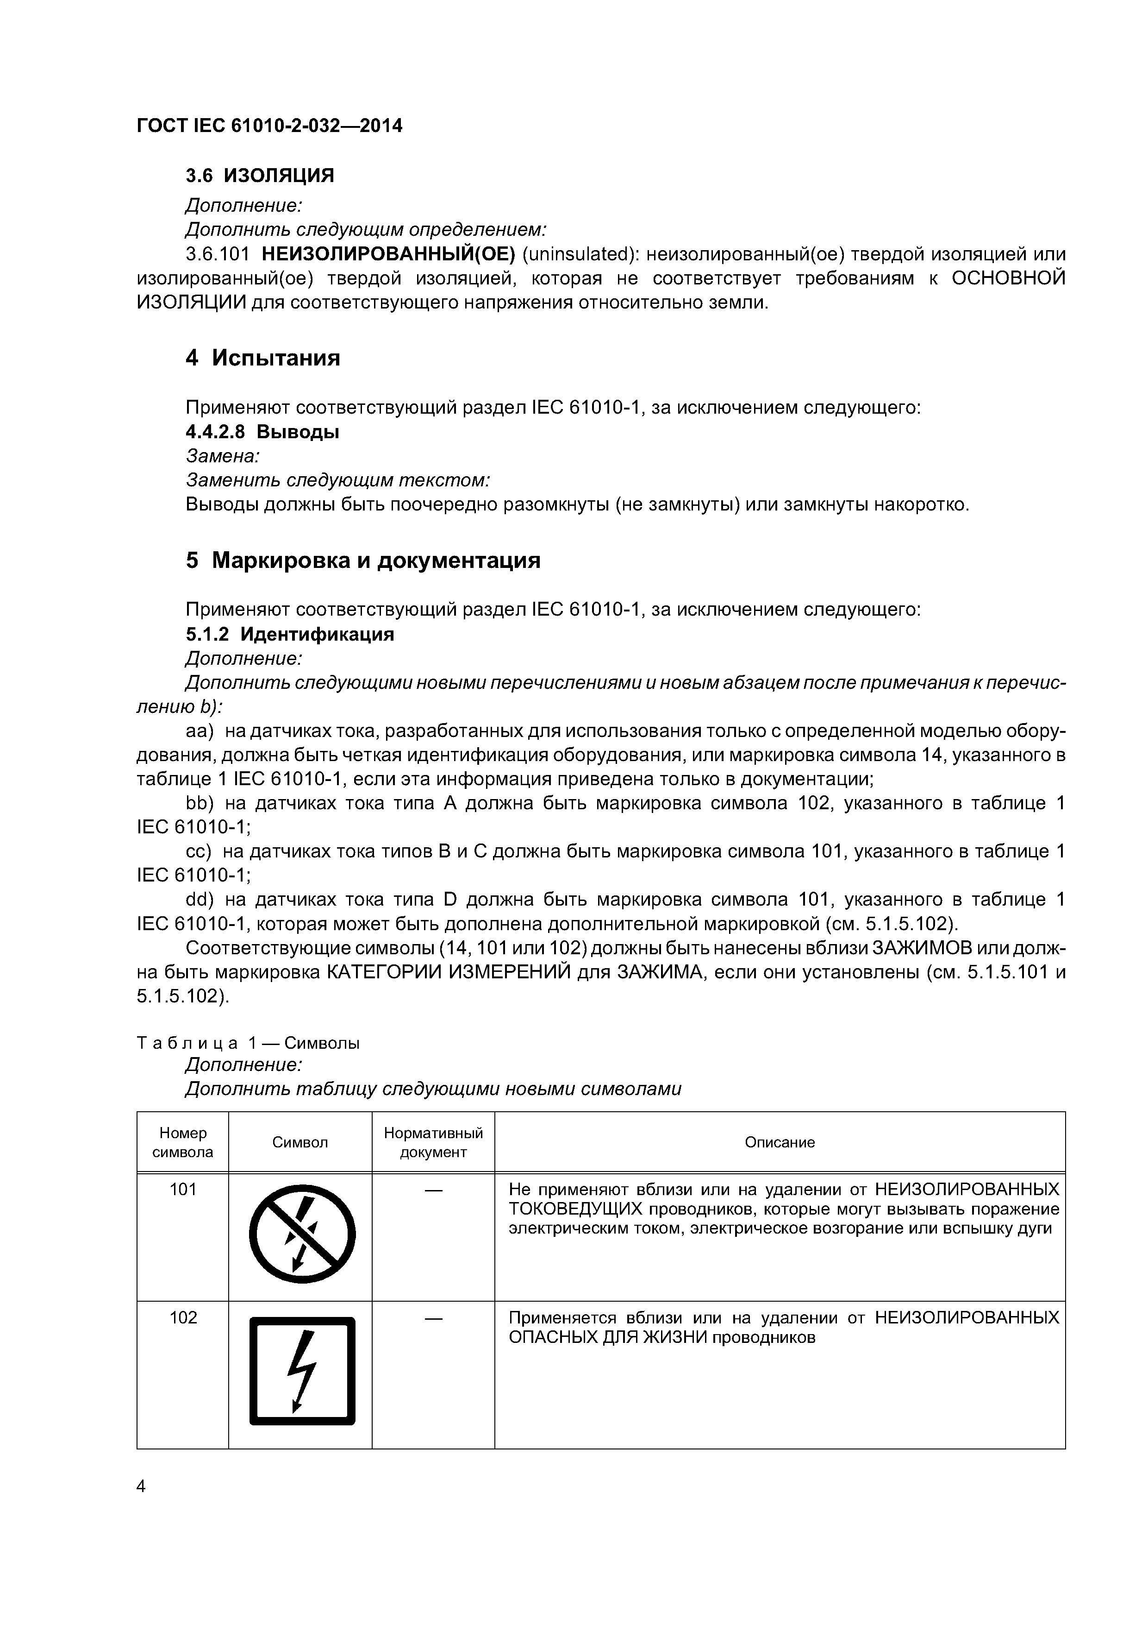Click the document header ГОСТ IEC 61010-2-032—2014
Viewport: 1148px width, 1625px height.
[269, 126]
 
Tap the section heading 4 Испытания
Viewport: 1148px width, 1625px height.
[262, 358]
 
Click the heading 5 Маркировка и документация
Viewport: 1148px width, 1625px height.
[363, 561]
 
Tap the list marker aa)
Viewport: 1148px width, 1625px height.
[199, 731]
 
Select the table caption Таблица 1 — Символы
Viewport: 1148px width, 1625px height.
[248, 1043]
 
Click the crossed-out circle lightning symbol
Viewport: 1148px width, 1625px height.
[302, 1236]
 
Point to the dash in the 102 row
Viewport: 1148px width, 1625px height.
[433, 1318]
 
